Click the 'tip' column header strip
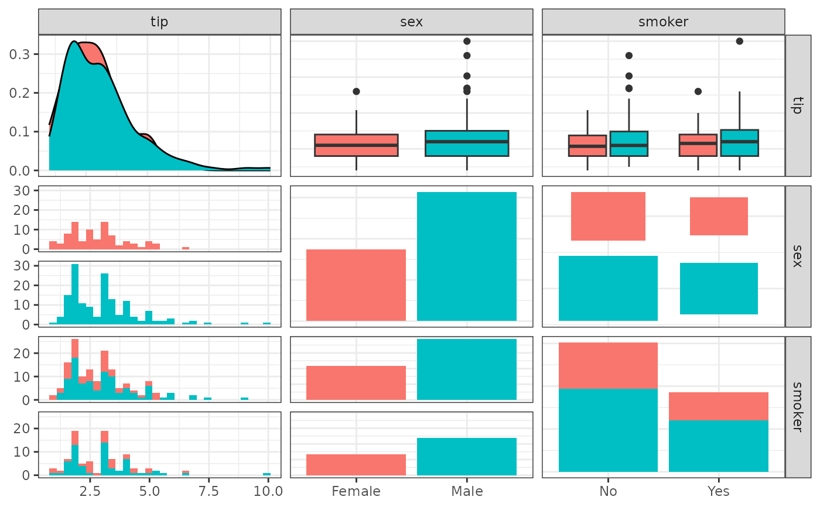[x=159, y=22]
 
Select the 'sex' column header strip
[x=411, y=22]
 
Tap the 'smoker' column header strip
[x=663, y=22]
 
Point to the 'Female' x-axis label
[x=356, y=491]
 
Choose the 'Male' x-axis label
[x=467, y=491]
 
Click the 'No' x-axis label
[x=608, y=491]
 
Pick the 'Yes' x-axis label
[x=719, y=491]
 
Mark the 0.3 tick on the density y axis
[x=22, y=54]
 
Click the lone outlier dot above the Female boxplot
[x=356, y=91]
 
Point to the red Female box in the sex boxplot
[x=356, y=145]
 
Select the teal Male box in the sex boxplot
[x=467, y=143]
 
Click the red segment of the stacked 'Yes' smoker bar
[x=719, y=406]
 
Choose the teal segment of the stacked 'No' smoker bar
[x=608, y=430]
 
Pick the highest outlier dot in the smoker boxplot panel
[x=739, y=41]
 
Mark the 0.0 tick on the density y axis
[x=22, y=170]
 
